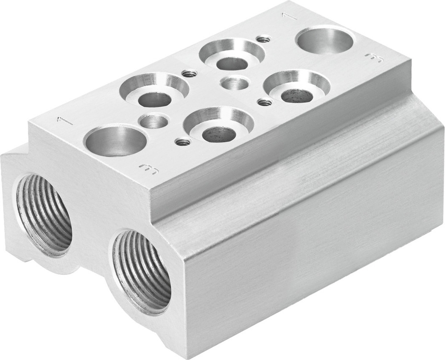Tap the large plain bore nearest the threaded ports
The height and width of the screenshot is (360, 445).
[x=115, y=141]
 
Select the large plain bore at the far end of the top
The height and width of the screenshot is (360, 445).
[x=324, y=40]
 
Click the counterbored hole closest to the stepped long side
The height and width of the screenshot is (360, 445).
[x=218, y=125]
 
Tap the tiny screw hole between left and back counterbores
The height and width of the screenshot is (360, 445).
[x=189, y=73]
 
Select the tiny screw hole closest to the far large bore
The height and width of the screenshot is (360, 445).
[x=263, y=39]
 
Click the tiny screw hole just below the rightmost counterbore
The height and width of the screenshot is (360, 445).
[x=265, y=102]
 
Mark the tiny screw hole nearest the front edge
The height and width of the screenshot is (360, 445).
[x=182, y=142]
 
